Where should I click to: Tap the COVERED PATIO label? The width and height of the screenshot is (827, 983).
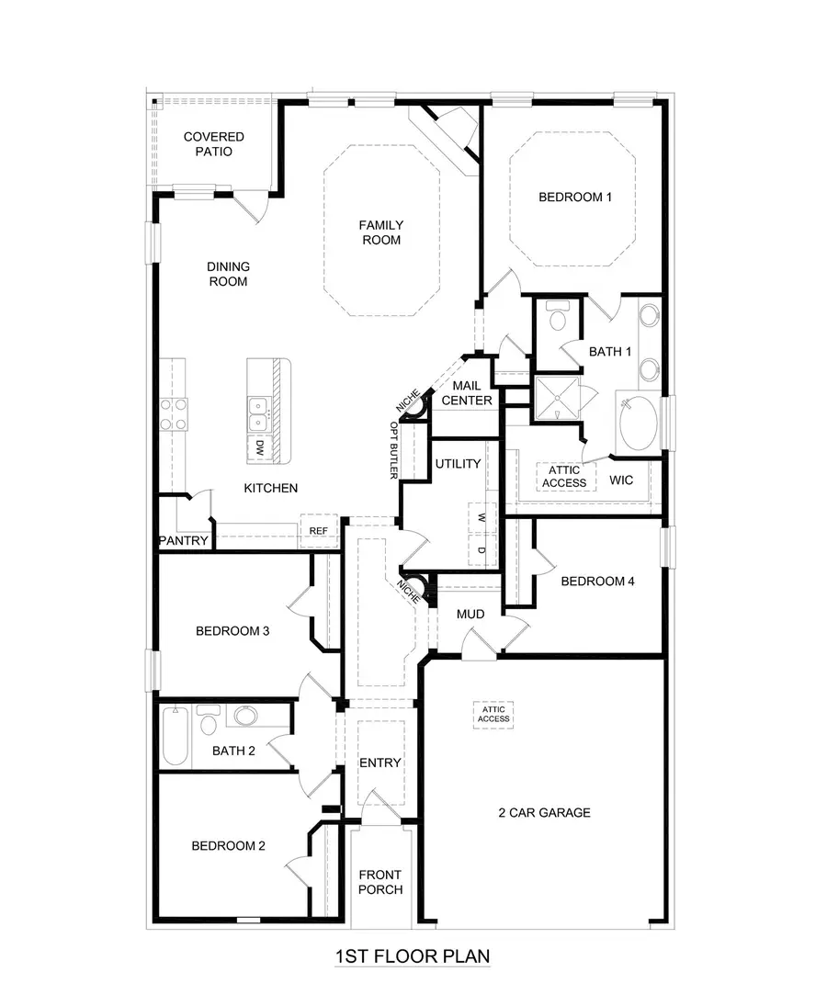[x=213, y=144]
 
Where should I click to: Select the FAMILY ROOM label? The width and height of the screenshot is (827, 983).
[x=381, y=232]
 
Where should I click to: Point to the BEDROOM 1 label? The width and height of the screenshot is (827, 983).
[x=574, y=197]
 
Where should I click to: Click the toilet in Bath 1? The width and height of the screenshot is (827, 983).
[x=557, y=319]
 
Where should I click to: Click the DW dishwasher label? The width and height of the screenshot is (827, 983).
[x=260, y=448]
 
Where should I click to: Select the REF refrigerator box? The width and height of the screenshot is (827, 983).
[x=319, y=530]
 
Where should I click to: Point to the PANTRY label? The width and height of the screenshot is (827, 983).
[x=184, y=541]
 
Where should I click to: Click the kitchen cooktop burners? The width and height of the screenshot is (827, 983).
[x=174, y=414]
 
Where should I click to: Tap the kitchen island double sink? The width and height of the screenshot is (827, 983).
[x=259, y=413]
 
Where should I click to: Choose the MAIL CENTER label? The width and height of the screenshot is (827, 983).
[x=467, y=393]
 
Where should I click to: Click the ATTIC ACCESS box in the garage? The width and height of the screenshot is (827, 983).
[x=493, y=714]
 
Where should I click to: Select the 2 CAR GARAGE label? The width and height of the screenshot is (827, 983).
[x=544, y=812]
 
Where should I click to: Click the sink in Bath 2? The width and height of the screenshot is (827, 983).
[x=245, y=716]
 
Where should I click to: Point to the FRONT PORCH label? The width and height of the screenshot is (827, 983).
[x=380, y=882]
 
